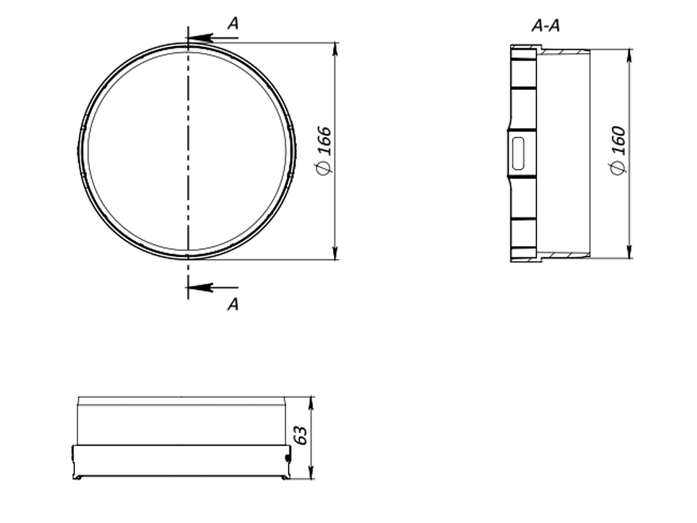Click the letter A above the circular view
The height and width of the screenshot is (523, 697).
click(x=233, y=24)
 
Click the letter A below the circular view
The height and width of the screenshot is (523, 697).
click(x=233, y=304)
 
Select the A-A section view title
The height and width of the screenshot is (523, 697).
click(x=545, y=27)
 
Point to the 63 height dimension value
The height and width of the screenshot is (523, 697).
click(x=301, y=436)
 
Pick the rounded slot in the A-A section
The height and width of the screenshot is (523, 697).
click(x=518, y=152)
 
